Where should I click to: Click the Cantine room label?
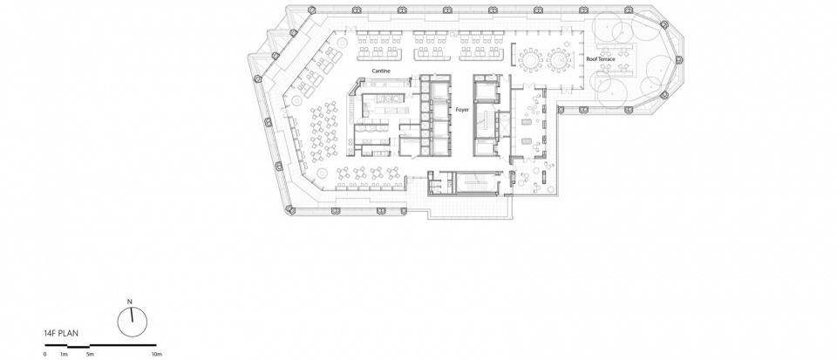pos(381,71)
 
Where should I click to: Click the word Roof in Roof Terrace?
pos(592,59)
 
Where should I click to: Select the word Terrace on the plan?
pos(607,59)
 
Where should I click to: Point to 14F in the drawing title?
pos(51,334)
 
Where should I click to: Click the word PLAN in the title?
pos(69,334)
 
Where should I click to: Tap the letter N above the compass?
pos(129,302)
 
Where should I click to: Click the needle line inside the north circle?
pos(132,315)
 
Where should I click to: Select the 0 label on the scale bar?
pos(44,354)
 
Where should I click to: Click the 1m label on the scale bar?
pos(64,354)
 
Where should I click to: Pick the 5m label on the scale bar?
pos(90,354)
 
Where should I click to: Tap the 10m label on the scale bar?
pos(156,354)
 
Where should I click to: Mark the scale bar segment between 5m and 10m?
pos(123,345)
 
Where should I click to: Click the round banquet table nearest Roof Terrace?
pos(559,60)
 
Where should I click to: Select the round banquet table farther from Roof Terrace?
pos(530,60)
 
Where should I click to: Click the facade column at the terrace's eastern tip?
pos(680,60)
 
